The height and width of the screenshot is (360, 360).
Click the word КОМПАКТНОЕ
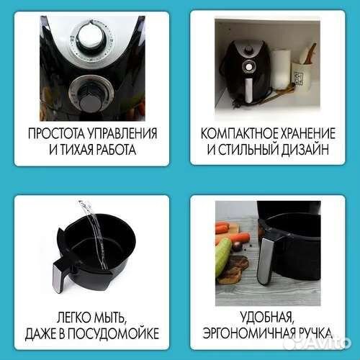point(237,135)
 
